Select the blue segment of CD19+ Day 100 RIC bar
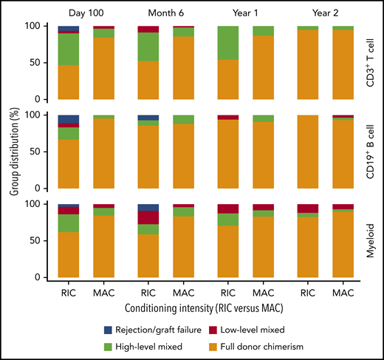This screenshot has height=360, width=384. coord(69,119)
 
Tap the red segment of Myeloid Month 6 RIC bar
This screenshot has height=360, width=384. coord(148,217)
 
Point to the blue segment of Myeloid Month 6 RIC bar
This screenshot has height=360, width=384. coord(148,207)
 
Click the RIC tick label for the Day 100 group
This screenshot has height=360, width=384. coord(69,292)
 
